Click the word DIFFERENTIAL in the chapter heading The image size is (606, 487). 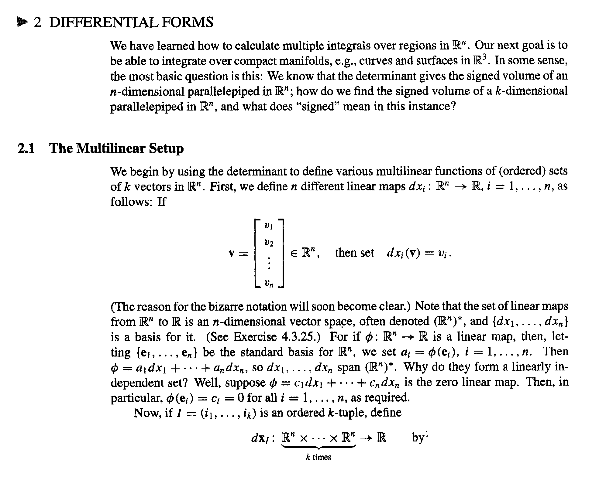tap(103, 22)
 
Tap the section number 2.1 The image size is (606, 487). tap(26, 148)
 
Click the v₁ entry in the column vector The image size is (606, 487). tap(269, 226)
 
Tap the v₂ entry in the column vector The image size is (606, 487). tap(269, 243)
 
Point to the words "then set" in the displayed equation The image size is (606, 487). tap(354, 253)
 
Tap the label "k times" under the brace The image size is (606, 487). tap(318, 457)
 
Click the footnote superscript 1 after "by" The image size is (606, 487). tap(427, 434)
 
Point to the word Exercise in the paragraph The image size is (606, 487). tap(255, 337)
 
